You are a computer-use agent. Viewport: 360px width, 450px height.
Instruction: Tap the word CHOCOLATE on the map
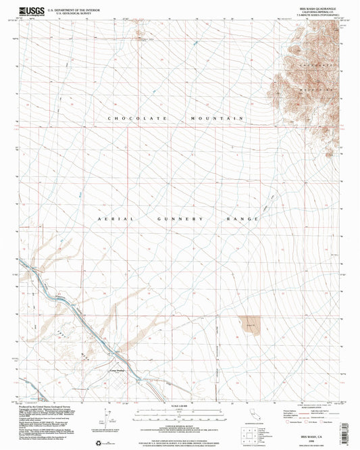click(x=133, y=118)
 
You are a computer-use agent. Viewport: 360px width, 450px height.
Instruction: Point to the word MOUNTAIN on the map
click(x=220, y=118)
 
